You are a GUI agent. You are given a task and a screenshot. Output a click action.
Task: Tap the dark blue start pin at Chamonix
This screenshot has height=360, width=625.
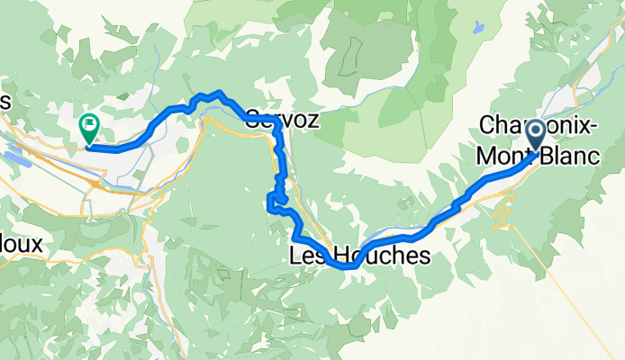tap(534, 136)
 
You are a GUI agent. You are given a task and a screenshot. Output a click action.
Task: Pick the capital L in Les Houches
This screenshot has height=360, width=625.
tap(294, 256)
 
